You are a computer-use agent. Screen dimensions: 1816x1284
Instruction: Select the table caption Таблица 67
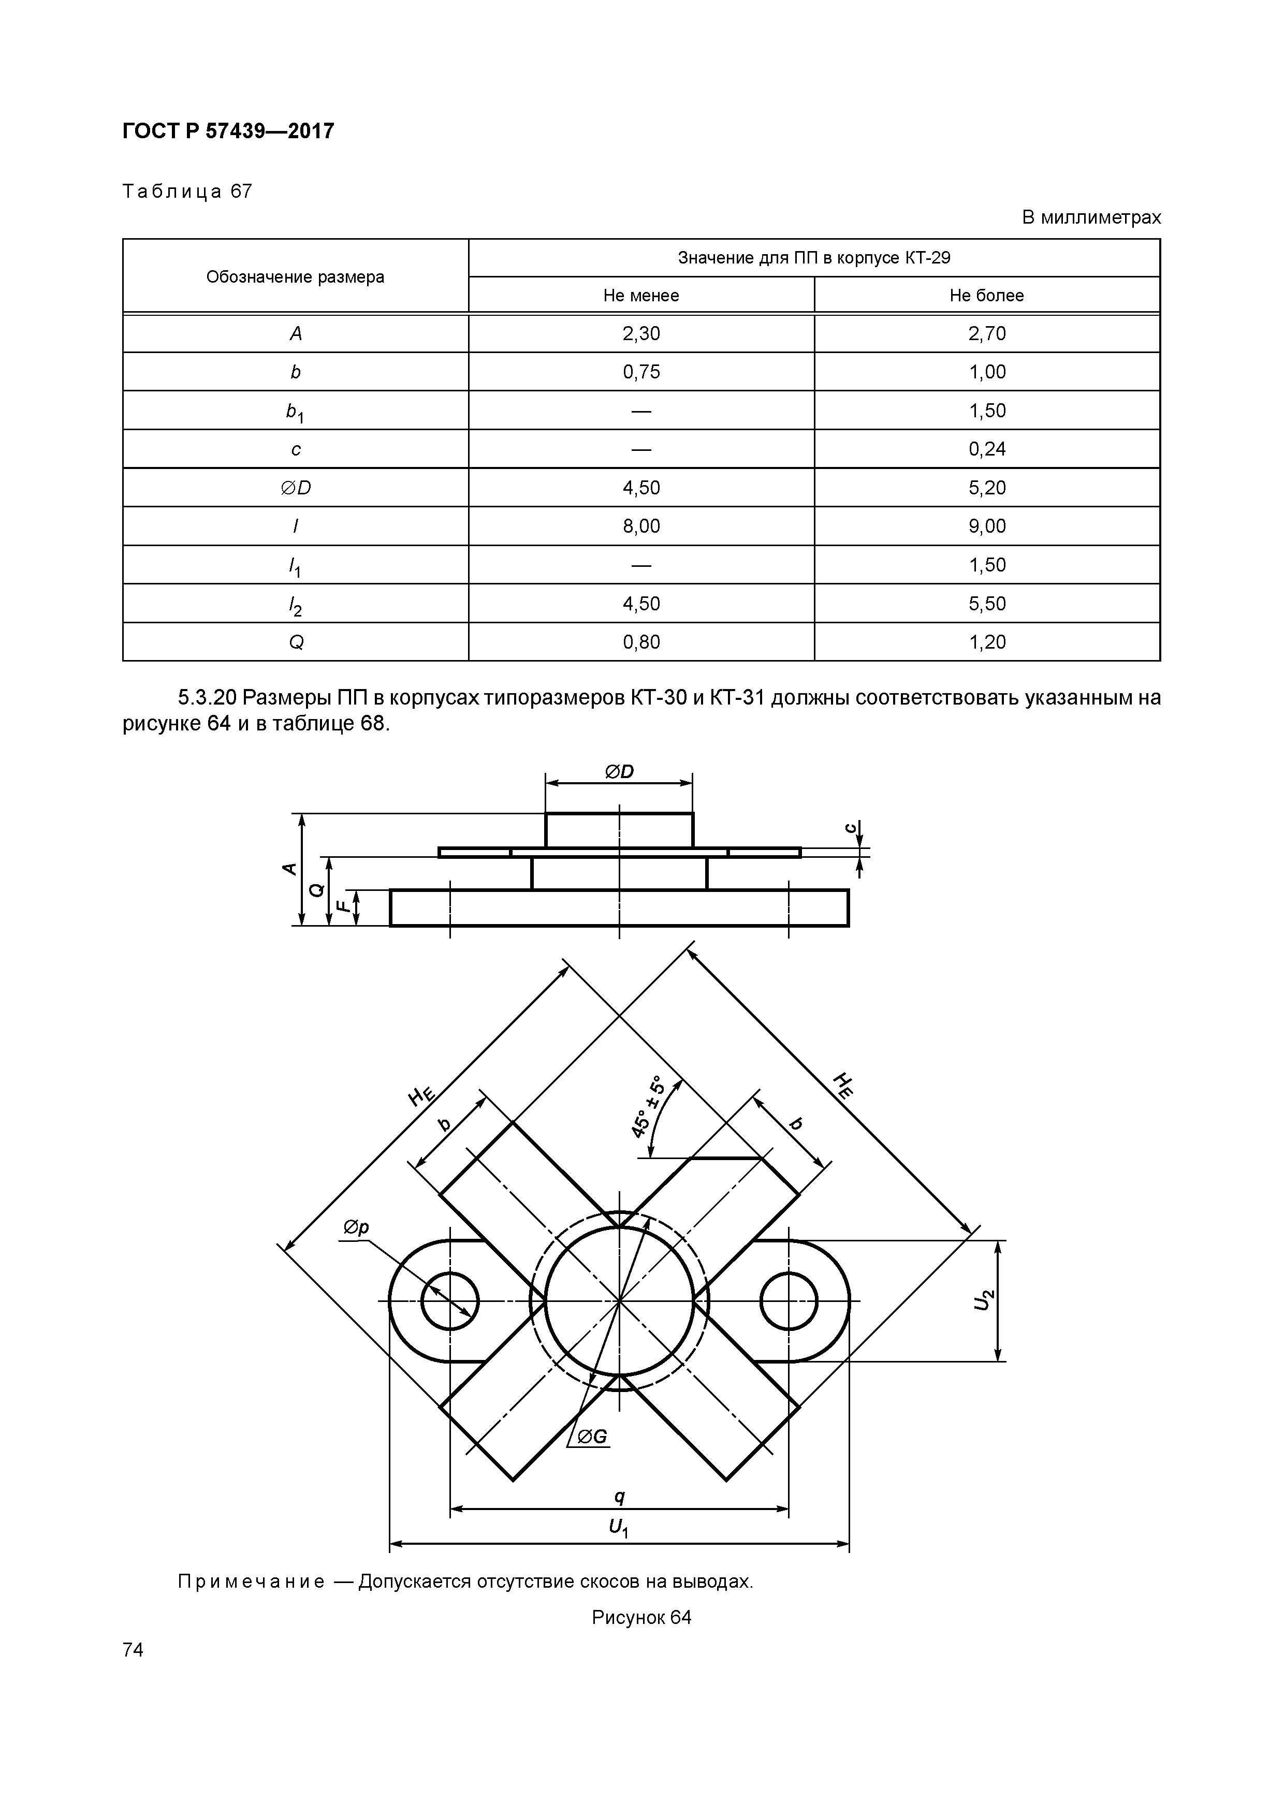pos(187,192)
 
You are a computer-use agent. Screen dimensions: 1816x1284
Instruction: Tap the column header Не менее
pos(641,296)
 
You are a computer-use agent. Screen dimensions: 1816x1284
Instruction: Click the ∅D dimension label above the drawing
pos(619,771)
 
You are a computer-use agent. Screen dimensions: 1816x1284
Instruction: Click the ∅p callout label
pos(355,1227)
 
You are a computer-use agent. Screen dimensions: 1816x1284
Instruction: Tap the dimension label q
pos(619,1497)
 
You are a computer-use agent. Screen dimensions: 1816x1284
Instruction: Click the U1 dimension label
pos(619,1528)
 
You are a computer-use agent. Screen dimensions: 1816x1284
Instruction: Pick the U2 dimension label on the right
pos(983,1299)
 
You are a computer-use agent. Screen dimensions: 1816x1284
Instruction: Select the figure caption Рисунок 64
pos(641,1618)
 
